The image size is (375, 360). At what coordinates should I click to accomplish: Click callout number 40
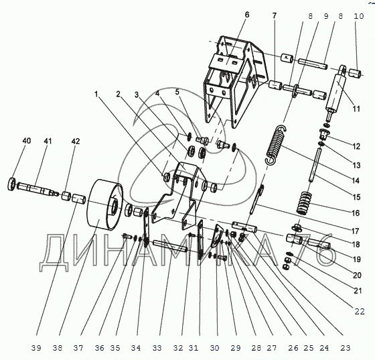[27, 141]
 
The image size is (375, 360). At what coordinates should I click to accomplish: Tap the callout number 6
[247, 15]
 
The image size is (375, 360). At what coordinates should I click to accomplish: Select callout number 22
[360, 312]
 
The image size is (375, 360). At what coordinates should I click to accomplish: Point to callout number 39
[36, 348]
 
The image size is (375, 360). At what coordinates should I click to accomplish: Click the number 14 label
[356, 180]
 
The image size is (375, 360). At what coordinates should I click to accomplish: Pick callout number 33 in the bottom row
[157, 348]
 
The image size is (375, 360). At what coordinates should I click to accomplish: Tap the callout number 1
[96, 94]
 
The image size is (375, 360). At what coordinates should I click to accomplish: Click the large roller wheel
[104, 204]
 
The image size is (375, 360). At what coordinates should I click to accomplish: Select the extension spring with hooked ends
[276, 145]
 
